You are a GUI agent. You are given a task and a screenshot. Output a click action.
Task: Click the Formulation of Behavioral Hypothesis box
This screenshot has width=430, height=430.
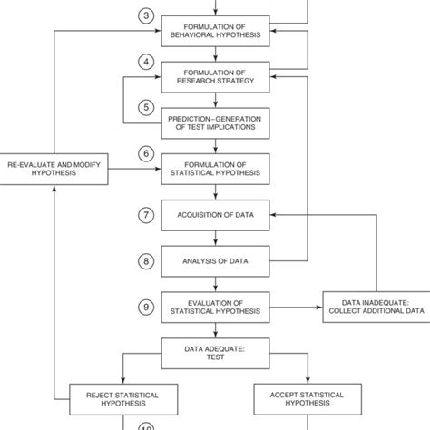[x=214, y=31]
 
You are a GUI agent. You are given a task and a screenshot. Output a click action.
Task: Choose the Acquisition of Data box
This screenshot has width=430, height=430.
[x=214, y=216]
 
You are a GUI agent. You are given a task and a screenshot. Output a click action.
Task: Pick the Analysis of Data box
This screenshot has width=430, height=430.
[x=214, y=262]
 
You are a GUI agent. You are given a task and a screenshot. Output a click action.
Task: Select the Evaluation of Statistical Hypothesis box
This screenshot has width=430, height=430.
[x=214, y=308]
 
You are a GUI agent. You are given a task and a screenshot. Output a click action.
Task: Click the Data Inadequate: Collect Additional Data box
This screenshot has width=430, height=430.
[x=374, y=308]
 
